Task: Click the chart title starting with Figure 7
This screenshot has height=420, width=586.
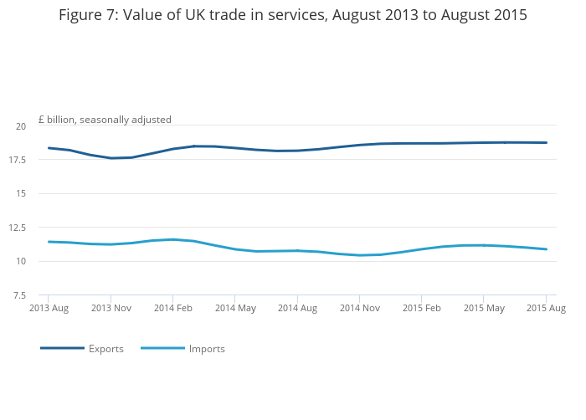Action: click(293, 15)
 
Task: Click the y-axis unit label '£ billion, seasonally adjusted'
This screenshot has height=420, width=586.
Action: click(105, 120)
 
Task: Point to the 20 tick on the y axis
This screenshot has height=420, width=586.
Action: click(20, 126)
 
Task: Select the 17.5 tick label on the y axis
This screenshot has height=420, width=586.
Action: click(18, 160)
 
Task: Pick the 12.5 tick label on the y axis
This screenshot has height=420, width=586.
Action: click(18, 228)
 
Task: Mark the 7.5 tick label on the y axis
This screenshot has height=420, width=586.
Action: click(19, 295)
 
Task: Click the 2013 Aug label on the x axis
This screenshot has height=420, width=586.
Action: click(49, 309)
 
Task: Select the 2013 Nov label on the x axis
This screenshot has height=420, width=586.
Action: click(111, 309)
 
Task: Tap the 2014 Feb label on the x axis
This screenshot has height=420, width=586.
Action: click(172, 309)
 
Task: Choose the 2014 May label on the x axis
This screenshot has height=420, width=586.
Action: click(235, 309)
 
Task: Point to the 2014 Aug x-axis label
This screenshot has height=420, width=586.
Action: click(297, 309)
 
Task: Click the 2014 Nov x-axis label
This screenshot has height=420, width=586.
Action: click(360, 309)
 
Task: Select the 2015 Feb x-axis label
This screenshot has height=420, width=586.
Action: click(421, 309)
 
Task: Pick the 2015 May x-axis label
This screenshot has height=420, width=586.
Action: click(484, 309)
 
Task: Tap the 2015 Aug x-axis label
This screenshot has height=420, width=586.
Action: click(546, 309)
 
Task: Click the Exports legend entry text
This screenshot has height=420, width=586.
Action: click(106, 349)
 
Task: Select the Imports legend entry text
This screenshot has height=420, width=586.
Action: click(207, 349)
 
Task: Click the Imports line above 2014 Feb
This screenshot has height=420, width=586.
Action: click(172, 239)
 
